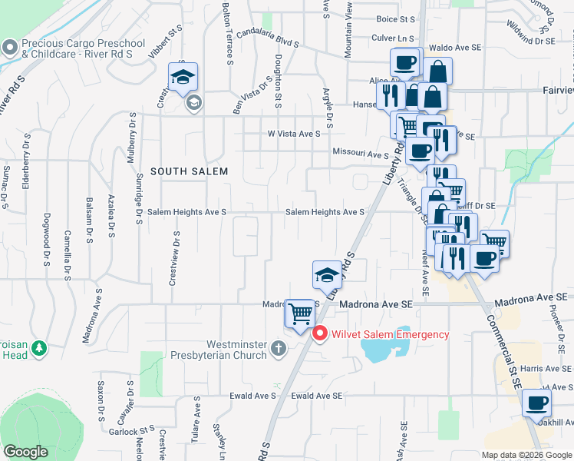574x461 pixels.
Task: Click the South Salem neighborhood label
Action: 189,171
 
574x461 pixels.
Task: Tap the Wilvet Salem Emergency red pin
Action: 320,334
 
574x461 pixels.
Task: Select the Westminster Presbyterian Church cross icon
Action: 279,350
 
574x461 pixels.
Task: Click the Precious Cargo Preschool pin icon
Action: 10,48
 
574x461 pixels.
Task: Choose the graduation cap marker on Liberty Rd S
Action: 326,274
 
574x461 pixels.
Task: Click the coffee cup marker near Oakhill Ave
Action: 536,402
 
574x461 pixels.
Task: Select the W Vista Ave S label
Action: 292,134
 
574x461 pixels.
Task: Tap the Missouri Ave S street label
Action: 361,154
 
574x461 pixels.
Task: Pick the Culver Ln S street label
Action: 392,37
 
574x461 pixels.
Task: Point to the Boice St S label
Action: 395,18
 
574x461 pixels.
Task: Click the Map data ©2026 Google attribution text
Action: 526,455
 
